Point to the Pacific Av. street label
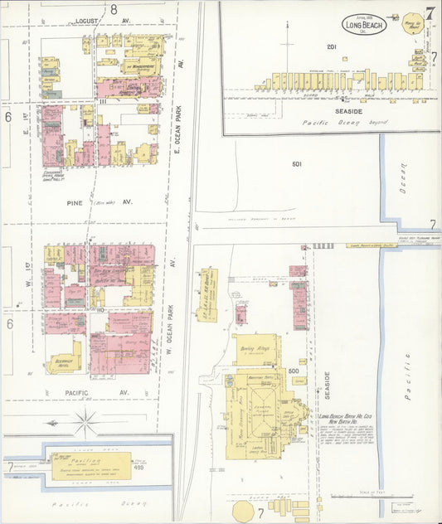click(112, 391)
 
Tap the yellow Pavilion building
click(90, 465)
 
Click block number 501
click(297, 164)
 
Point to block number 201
click(333, 47)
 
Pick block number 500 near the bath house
click(293, 371)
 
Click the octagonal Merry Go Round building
click(412, 25)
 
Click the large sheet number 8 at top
click(114, 9)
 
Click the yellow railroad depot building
click(206, 294)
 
